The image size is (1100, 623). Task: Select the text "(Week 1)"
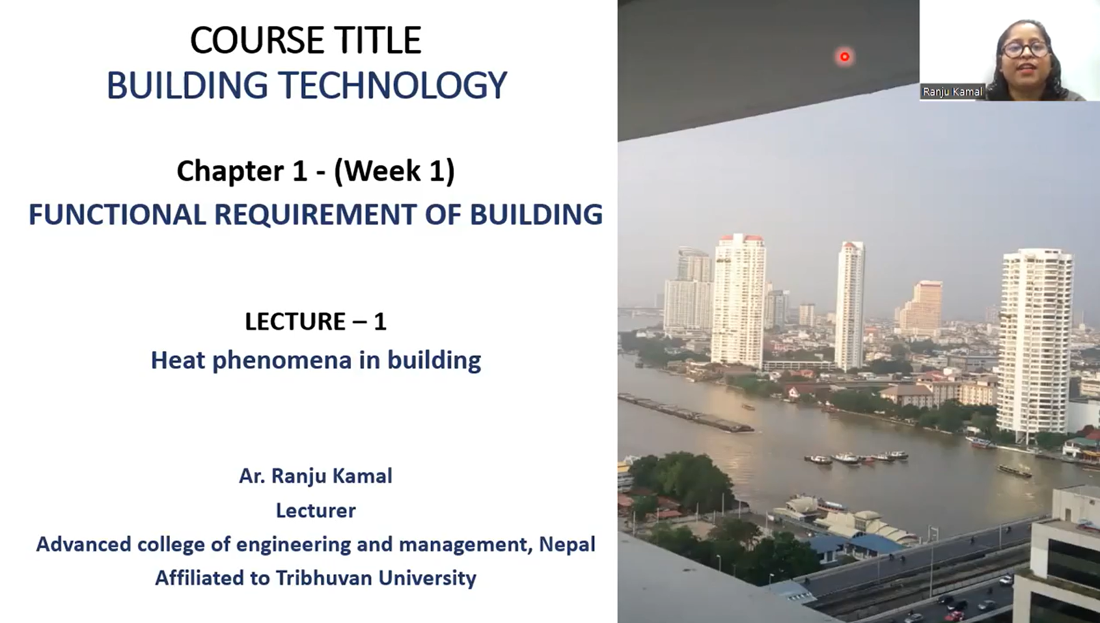[x=394, y=171]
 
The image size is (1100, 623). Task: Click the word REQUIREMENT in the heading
[x=315, y=215]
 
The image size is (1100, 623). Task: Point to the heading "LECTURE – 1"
[x=316, y=322]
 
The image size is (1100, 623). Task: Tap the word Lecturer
[x=316, y=510]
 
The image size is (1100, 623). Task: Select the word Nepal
[x=567, y=544]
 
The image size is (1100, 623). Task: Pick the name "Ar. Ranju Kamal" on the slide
[x=316, y=476]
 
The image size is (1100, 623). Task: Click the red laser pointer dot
[x=845, y=57]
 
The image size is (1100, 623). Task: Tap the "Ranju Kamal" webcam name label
[x=952, y=92]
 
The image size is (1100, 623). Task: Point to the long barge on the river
[x=685, y=414]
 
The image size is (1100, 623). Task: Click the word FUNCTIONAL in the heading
[x=117, y=215]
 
